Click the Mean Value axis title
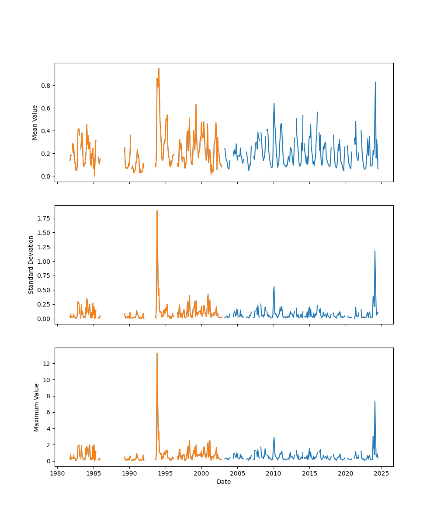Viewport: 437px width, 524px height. [35, 122]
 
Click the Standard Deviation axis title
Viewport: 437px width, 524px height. [31, 265]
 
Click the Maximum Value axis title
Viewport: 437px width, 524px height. [37, 407]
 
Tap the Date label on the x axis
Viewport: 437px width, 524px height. [224, 482]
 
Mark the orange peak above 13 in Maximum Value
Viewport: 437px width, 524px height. [157, 353]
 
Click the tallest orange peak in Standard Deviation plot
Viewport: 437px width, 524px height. [157, 211]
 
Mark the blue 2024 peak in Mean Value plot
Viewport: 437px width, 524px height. [375, 82]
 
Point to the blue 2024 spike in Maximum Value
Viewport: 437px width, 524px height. [375, 401]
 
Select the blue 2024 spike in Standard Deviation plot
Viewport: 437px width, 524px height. [375, 251]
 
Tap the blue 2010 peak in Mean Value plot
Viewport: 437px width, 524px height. [274, 103]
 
